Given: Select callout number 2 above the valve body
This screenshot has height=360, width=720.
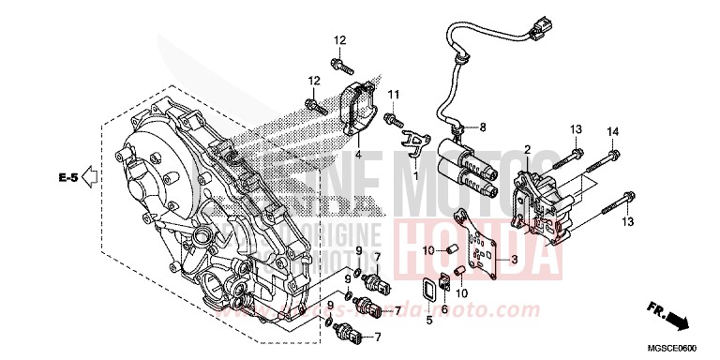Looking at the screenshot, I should [527, 150].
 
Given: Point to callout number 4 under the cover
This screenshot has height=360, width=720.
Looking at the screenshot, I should [356, 153].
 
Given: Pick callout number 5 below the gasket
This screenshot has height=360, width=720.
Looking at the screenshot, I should [429, 321].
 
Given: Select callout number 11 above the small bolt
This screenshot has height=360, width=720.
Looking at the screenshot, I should [395, 94].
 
